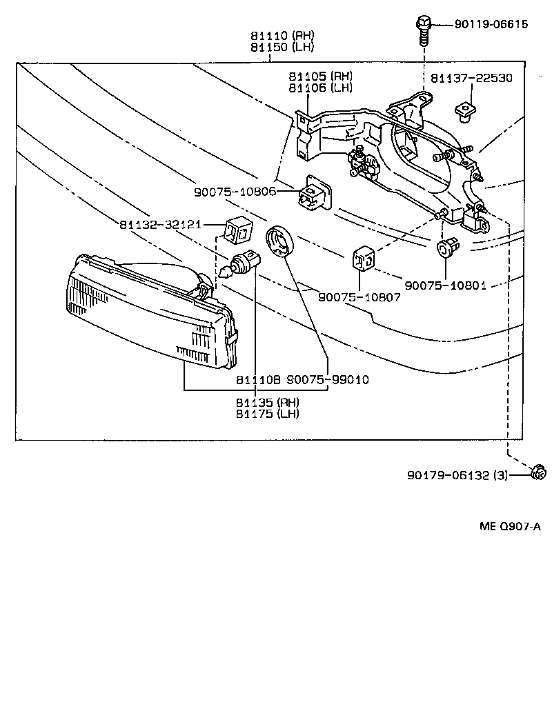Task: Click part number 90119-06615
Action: point(491,25)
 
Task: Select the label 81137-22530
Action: point(471,78)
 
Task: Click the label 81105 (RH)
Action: point(320,75)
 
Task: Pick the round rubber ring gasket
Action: point(280,242)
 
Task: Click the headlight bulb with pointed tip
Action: point(242,264)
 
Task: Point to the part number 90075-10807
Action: point(358,297)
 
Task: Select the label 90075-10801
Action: point(445,284)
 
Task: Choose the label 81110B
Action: point(257,379)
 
